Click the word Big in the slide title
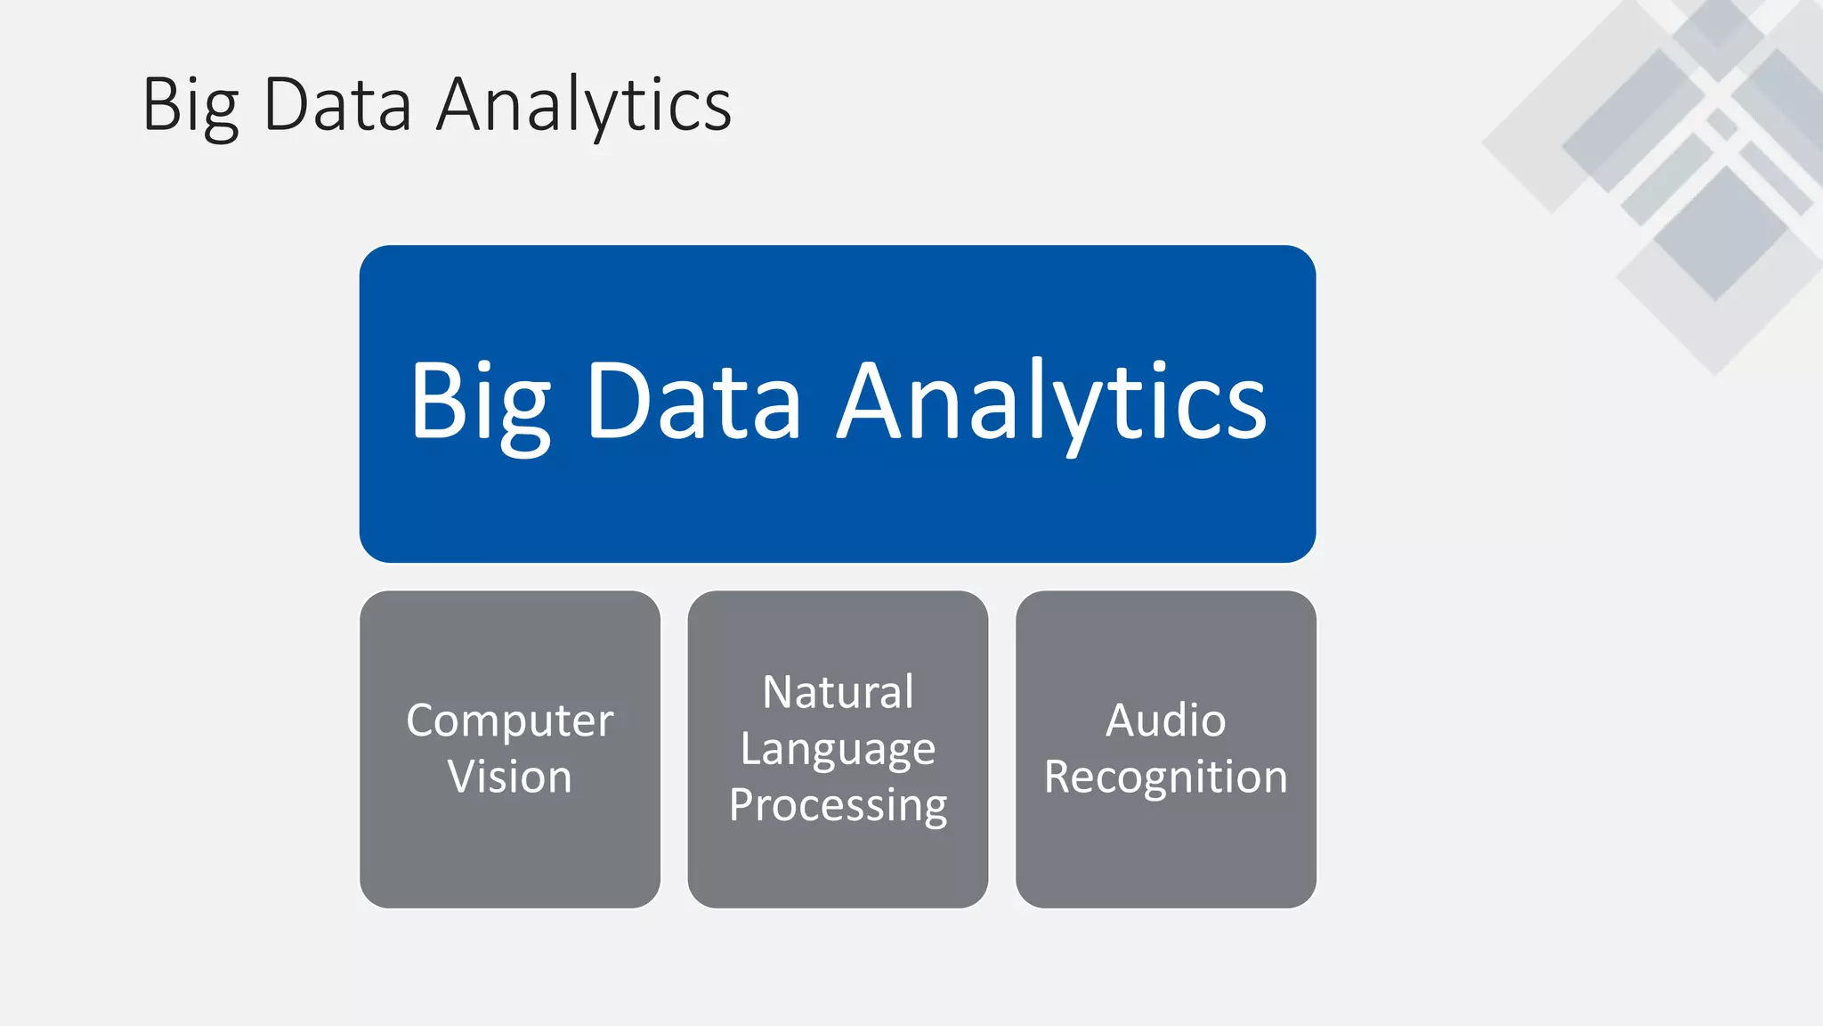(x=190, y=105)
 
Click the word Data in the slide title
(x=337, y=105)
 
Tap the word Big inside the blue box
(x=480, y=403)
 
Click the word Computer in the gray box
(x=510, y=721)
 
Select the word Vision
(x=510, y=777)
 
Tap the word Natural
(x=838, y=692)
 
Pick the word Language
(x=838, y=749)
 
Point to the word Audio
(x=1165, y=721)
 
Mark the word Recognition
(x=1165, y=778)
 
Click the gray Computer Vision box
(x=510, y=855)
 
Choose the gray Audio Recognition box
(x=1165, y=855)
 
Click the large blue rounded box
(x=838, y=508)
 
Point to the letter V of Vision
(x=464, y=777)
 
